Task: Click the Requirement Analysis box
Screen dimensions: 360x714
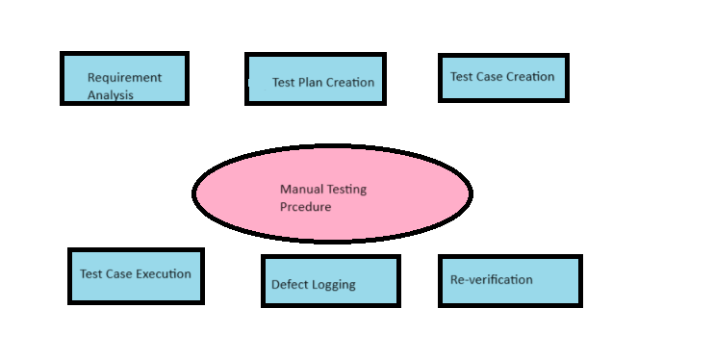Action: tap(124, 78)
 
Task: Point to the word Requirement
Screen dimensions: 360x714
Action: tap(124, 77)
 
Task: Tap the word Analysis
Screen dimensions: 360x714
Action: tap(111, 94)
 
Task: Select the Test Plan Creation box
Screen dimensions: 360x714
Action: tap(316, 78)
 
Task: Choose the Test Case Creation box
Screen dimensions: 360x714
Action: tap(503, 77)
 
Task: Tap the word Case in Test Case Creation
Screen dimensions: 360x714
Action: tap(491, 77)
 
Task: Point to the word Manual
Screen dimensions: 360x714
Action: tap(300, 190)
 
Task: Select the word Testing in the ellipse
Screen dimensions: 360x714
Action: tap(345, 190)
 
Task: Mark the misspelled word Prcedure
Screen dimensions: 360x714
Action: tap(305, 207)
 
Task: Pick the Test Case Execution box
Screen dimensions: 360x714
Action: tap(136, 276)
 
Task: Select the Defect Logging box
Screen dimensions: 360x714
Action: tap(330, 281)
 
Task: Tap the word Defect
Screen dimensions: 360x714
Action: tap(289, 285)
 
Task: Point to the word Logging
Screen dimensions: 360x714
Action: tap(333, 285)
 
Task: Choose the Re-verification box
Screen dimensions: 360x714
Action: tap(509, 280)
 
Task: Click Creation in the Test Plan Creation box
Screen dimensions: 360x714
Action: tap(350, 83)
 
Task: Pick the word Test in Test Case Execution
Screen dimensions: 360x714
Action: tap(90, 273)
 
